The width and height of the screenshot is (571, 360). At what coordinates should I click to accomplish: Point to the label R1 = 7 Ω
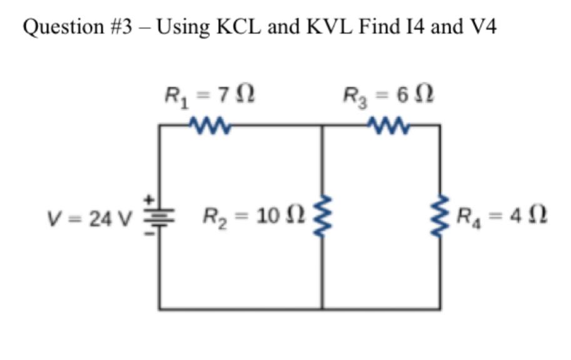209,96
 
